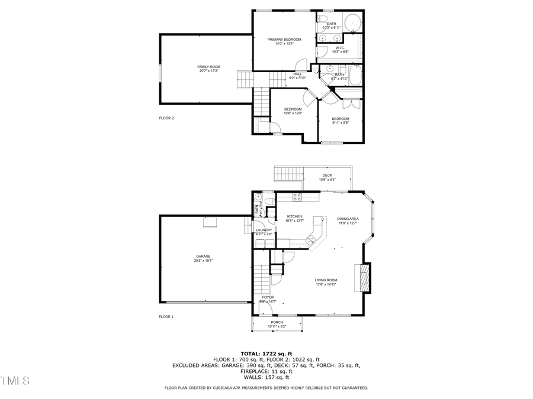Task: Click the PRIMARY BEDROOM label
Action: pyautogui.click(x=284, y=40)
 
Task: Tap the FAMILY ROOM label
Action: pyautogui.click(x=209, y=67)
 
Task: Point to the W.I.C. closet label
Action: pyautogui.click(x=340, y=48)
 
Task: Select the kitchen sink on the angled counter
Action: pyautogui.click(x=310, y=239)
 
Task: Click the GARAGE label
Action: pyautogui.click(x=203, y=257)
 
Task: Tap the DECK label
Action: pyautogui.click(x=327, y=176)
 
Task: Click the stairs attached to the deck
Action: pyautogui.click(x=288, y=174)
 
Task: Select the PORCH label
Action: pyautogui.click(x=277, y=322)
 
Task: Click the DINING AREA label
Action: pyautogui.click(x=348, y=218)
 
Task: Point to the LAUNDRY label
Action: pyautogui.click(x=264, y=230)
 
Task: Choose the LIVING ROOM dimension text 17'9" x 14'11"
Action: pyautogui.click(x=326, y=285)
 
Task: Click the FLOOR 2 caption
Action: pyautogui.click(x=166, y=118)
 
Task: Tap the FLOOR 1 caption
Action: pyautogui.click(x=166, y=317)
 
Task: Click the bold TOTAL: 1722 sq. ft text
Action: pyautogui.click(x=266, y=353)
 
